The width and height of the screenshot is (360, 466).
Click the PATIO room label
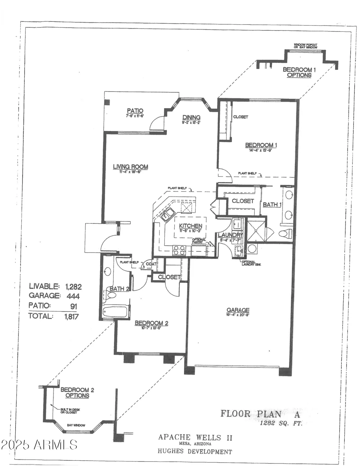(x=135, y=111)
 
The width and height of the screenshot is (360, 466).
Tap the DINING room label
(x=191, y=117)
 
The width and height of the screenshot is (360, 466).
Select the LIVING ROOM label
(x=130, y=167)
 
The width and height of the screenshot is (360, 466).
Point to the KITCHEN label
(x=191, y=226)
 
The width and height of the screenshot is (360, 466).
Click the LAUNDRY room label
(x=230, y=235)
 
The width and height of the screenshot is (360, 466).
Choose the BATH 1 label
(x=272, y=204)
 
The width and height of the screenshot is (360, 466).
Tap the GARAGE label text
(x=238, y=310)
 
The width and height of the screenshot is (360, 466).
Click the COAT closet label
(x=151, y=264)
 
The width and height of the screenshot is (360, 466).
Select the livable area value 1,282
(x=73, y=286)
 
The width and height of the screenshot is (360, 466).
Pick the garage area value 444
(x=73, y=296)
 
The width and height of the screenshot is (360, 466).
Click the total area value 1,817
(x=71, y=317)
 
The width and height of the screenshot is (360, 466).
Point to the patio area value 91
(x=74, y=307)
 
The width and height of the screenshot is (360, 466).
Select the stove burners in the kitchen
(x=179, y=250)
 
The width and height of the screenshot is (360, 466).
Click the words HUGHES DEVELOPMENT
(x=195, y=451)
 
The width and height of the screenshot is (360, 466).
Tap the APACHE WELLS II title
(x=195, y=437)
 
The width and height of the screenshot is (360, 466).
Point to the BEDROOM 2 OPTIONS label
(x=77, y=393)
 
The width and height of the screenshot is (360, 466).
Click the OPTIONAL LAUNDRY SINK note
(x=251, y=263)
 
